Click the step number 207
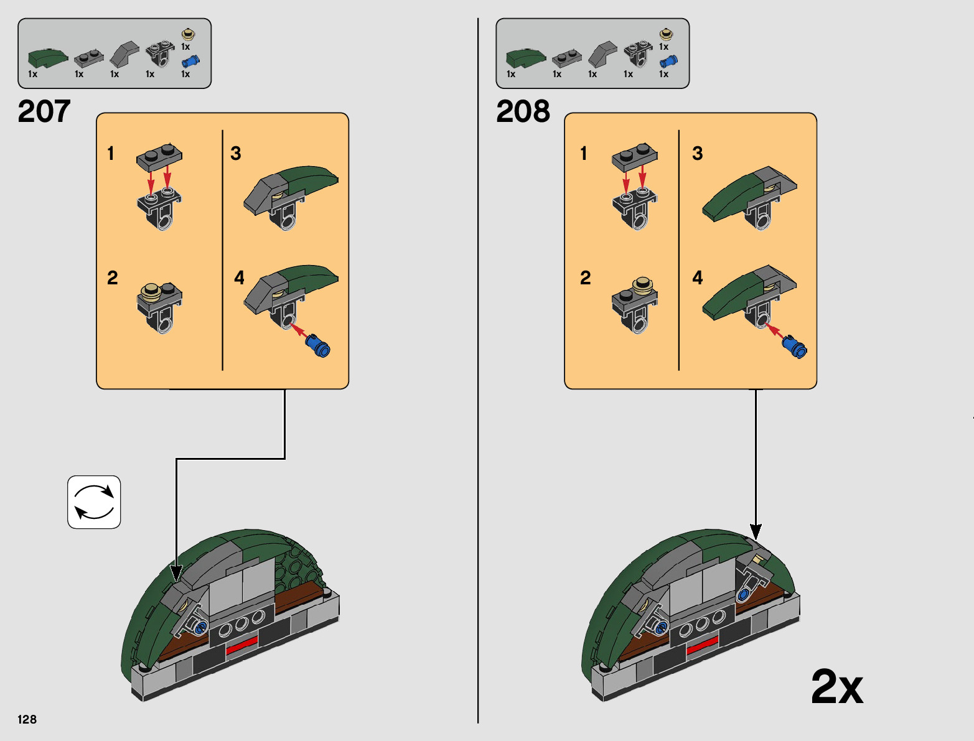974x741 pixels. pyautogui.click(x=44, y=111)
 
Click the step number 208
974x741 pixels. pyautogui.click(x=523, y=111)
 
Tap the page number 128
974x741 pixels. pyautogui.click(x=27, y=719)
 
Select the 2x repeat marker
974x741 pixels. pyautogui.click(x=836, y=687)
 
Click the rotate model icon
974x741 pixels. pyautogui.click(x=94, y=502)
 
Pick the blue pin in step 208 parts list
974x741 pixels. pyautogui.click(x=668, y=61)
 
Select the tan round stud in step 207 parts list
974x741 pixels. pyautogui.click(x=188, y=34)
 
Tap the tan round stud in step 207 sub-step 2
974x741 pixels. pyautogui.click(x=151, y=291)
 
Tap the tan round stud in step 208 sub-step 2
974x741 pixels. pyautogui.click(x=643, y=285)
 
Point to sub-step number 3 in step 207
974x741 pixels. pyautogui.click(x=236, y=154)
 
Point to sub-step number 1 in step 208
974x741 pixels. pyautogui.click(x=583, y=153)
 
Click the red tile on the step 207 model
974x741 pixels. pyautogui.click(x=241, y=645)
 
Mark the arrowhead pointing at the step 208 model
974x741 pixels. pyautogui.click(x=756, y=533)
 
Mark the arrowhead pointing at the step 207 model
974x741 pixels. pyautogui.click(x=176, y=572)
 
